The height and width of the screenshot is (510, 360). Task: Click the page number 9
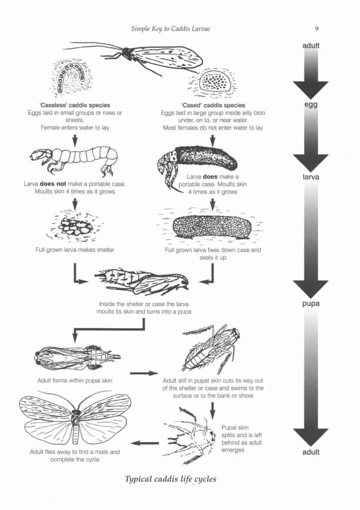pos(317,28)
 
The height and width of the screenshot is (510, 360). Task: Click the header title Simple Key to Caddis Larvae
pos(171,28)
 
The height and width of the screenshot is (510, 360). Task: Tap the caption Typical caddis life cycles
pos(170,480)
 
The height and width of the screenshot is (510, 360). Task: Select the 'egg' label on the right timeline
pos(310,106)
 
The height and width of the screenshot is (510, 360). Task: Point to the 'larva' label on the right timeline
pos(310,177)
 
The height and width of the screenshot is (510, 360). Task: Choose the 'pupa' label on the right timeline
pos(310,303)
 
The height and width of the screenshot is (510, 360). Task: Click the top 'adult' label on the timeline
pos(310,46)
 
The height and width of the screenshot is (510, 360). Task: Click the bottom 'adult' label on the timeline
pos(310,452)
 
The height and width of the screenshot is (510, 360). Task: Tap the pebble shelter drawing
pos(75,227)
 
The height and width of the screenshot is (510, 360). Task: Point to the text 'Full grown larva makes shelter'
pos(75,250)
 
